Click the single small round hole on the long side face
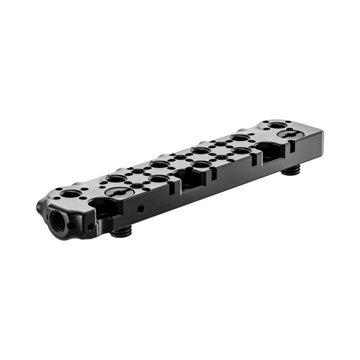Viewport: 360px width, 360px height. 140,209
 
